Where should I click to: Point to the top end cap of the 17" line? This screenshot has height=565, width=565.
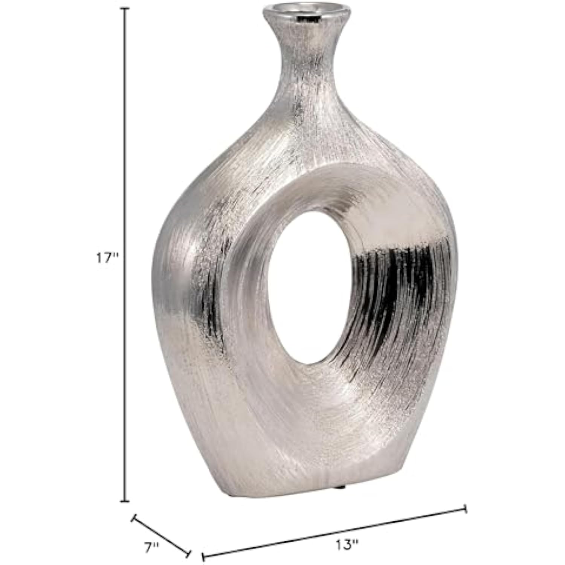[125, 8]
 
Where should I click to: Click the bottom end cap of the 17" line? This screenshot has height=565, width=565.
[125, 502]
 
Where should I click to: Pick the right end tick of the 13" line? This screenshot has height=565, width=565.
[466, 509]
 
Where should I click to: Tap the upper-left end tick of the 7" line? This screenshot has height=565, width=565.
[133, 518]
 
